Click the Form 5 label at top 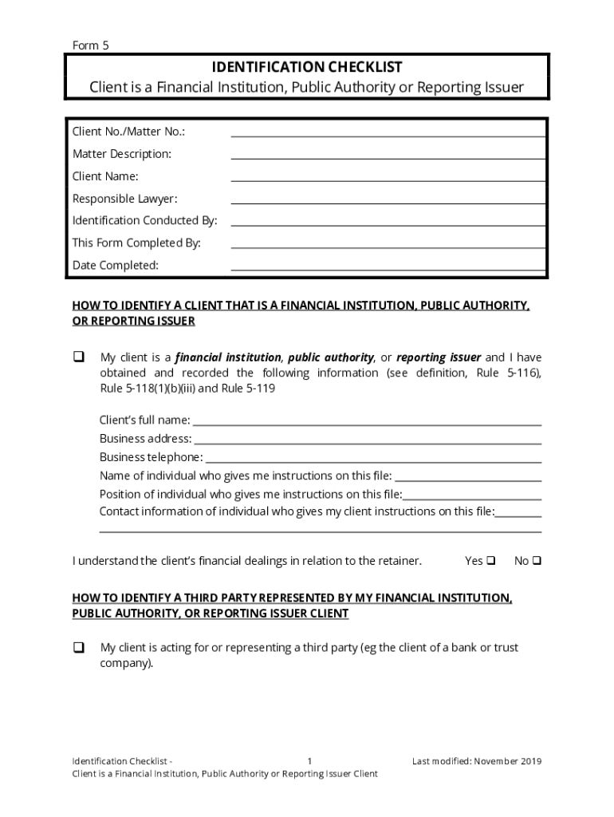point(90,45)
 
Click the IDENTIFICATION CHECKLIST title point(307,67)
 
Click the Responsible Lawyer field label point(124,199)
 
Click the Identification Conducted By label point(144,220)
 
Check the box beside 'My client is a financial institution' point(79,357)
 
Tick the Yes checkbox point(491,560)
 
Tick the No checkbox point(537,560)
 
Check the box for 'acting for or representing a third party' point(79,648)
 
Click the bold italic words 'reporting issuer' point(439,357)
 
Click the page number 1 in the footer point(309,761)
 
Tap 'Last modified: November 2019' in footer point(477,761)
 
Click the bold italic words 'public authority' point(331,357)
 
